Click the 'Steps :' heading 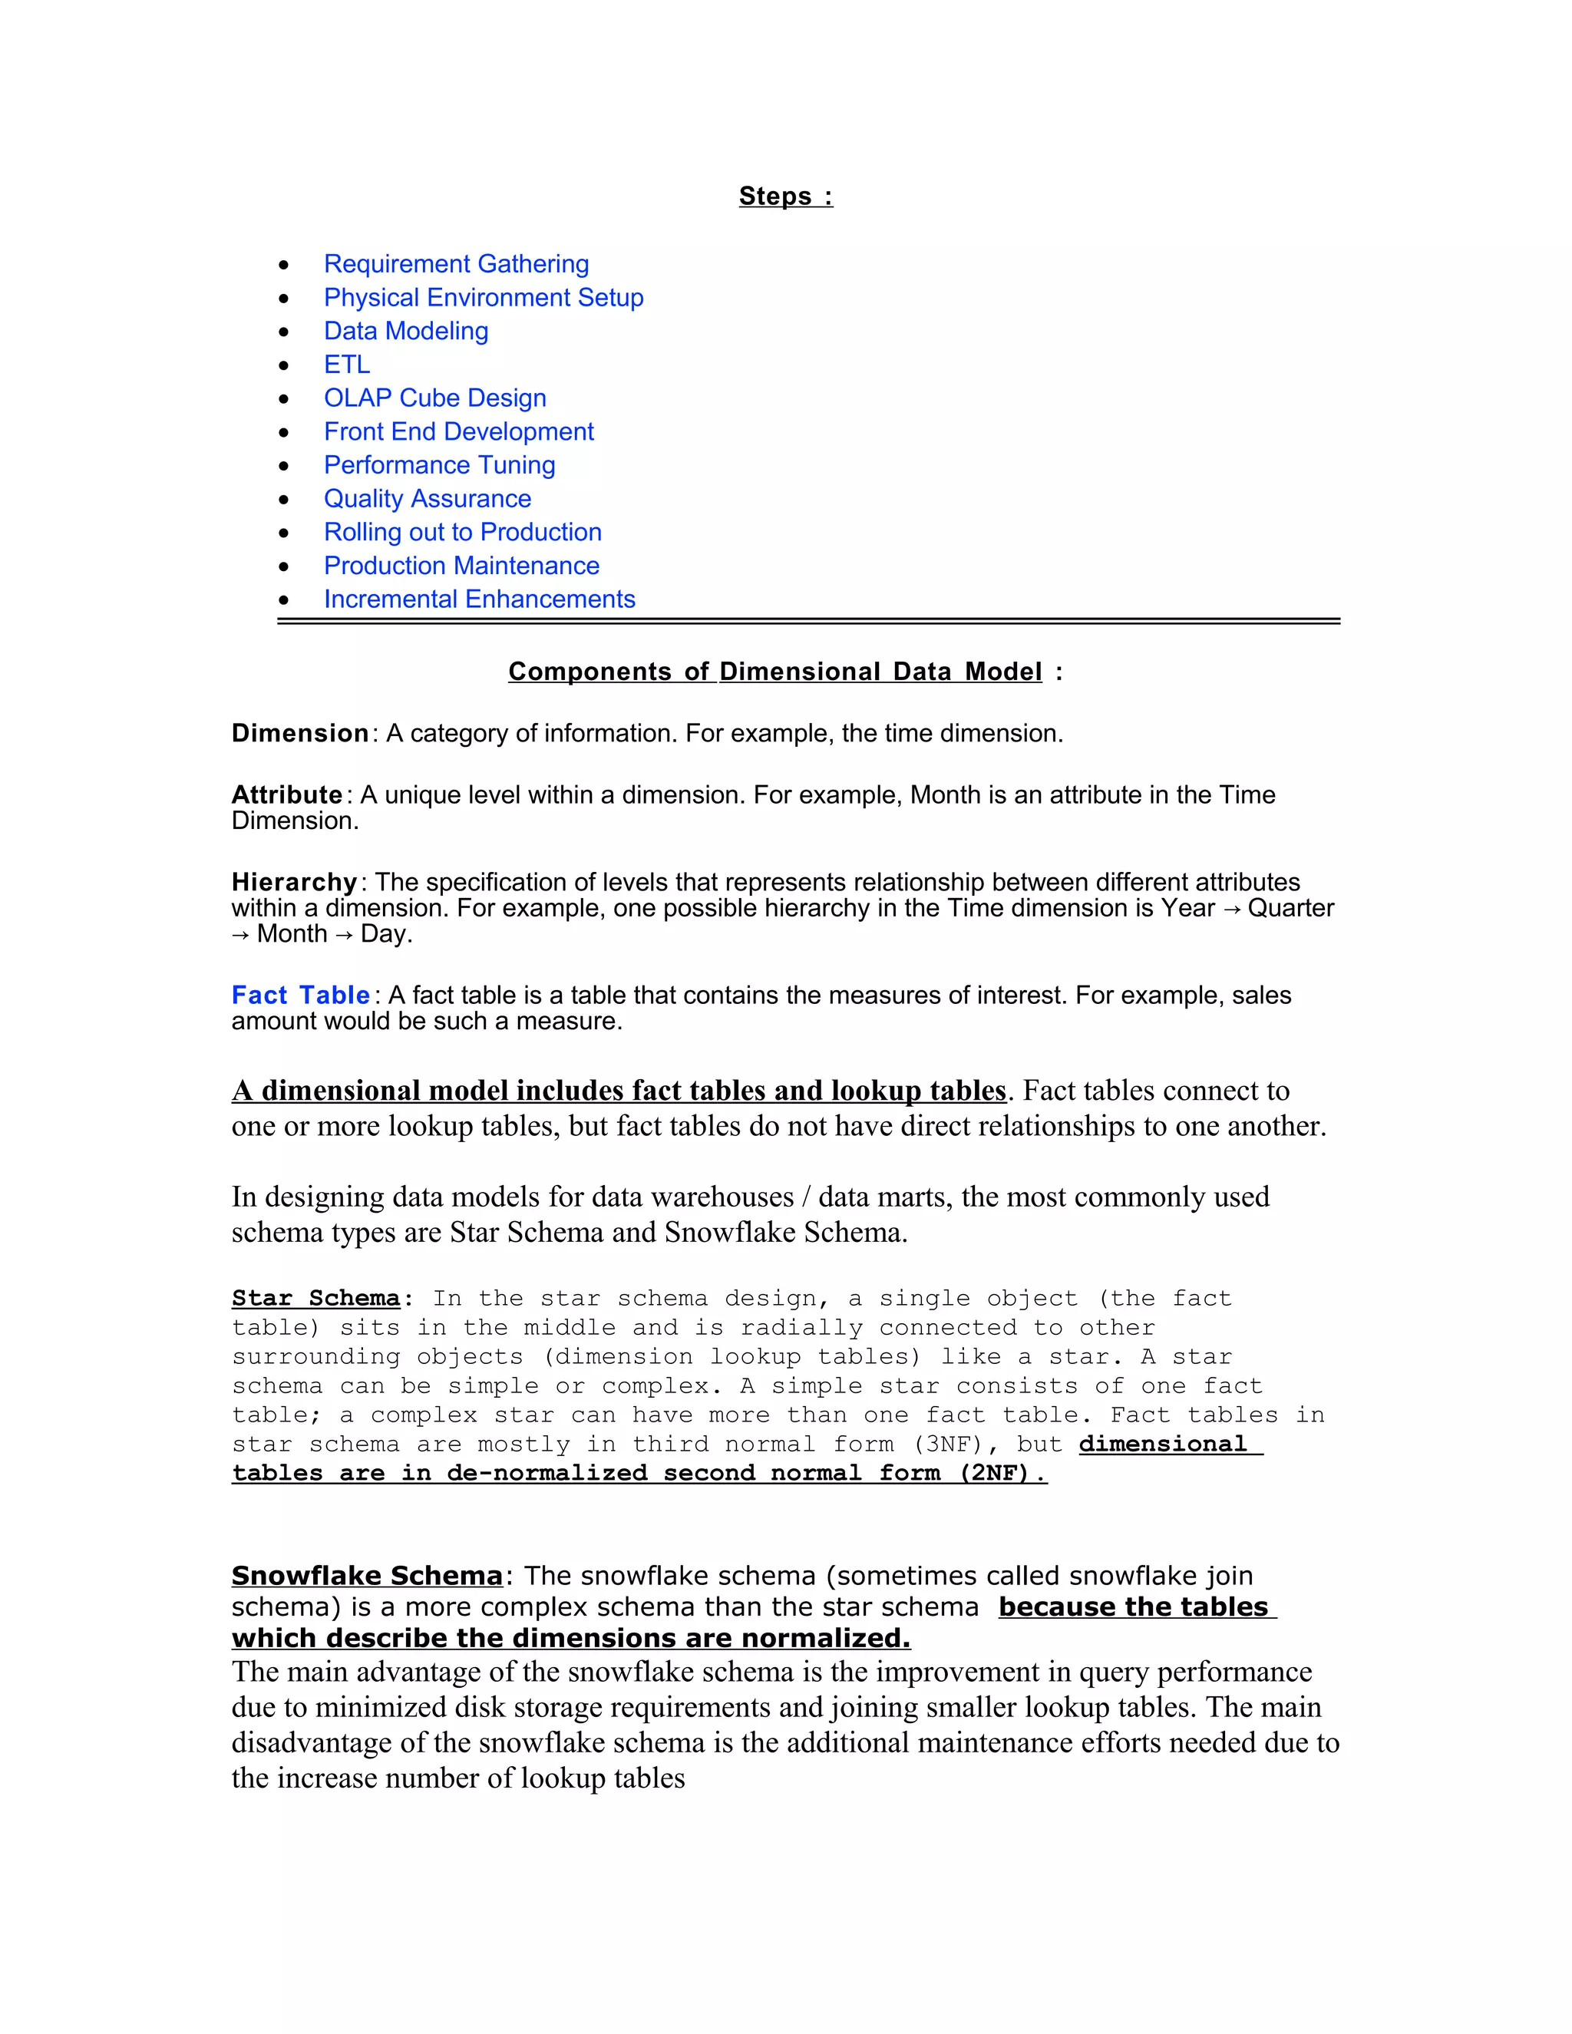pos(785,196)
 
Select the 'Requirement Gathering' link pos(457,265)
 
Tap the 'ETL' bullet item pos(346,365)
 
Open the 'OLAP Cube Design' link pos(435,398)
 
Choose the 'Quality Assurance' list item pos(428,499)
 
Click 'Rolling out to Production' pos(463,533)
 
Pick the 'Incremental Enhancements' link pos(480,599)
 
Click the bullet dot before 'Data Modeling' pos(284,332)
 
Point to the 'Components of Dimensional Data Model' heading pos(774,672)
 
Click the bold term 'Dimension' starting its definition pos(300,734)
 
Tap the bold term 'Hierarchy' pos(294,882)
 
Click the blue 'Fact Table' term pos(301,996)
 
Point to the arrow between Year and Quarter pos(1231,909)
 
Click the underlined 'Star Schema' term pos(315,1298)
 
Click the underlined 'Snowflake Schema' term pos(367,1576)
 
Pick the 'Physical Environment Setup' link pos(484,298)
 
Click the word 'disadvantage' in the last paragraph pos(311,1742)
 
